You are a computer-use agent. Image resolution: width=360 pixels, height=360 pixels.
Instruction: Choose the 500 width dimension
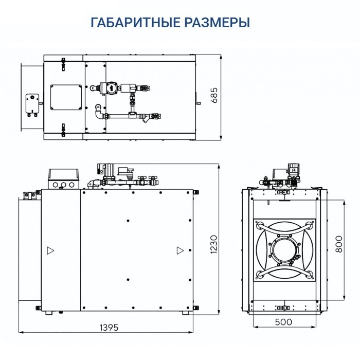[283, 322]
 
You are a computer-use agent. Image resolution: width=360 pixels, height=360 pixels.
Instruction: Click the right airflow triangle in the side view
[179, 250]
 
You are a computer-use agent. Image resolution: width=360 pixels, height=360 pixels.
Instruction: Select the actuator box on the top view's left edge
[32, 104]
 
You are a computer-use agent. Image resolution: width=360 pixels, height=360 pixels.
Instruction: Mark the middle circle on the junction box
[63, 184]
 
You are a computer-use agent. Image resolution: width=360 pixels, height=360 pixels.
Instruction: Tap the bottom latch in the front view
[284, 308]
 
